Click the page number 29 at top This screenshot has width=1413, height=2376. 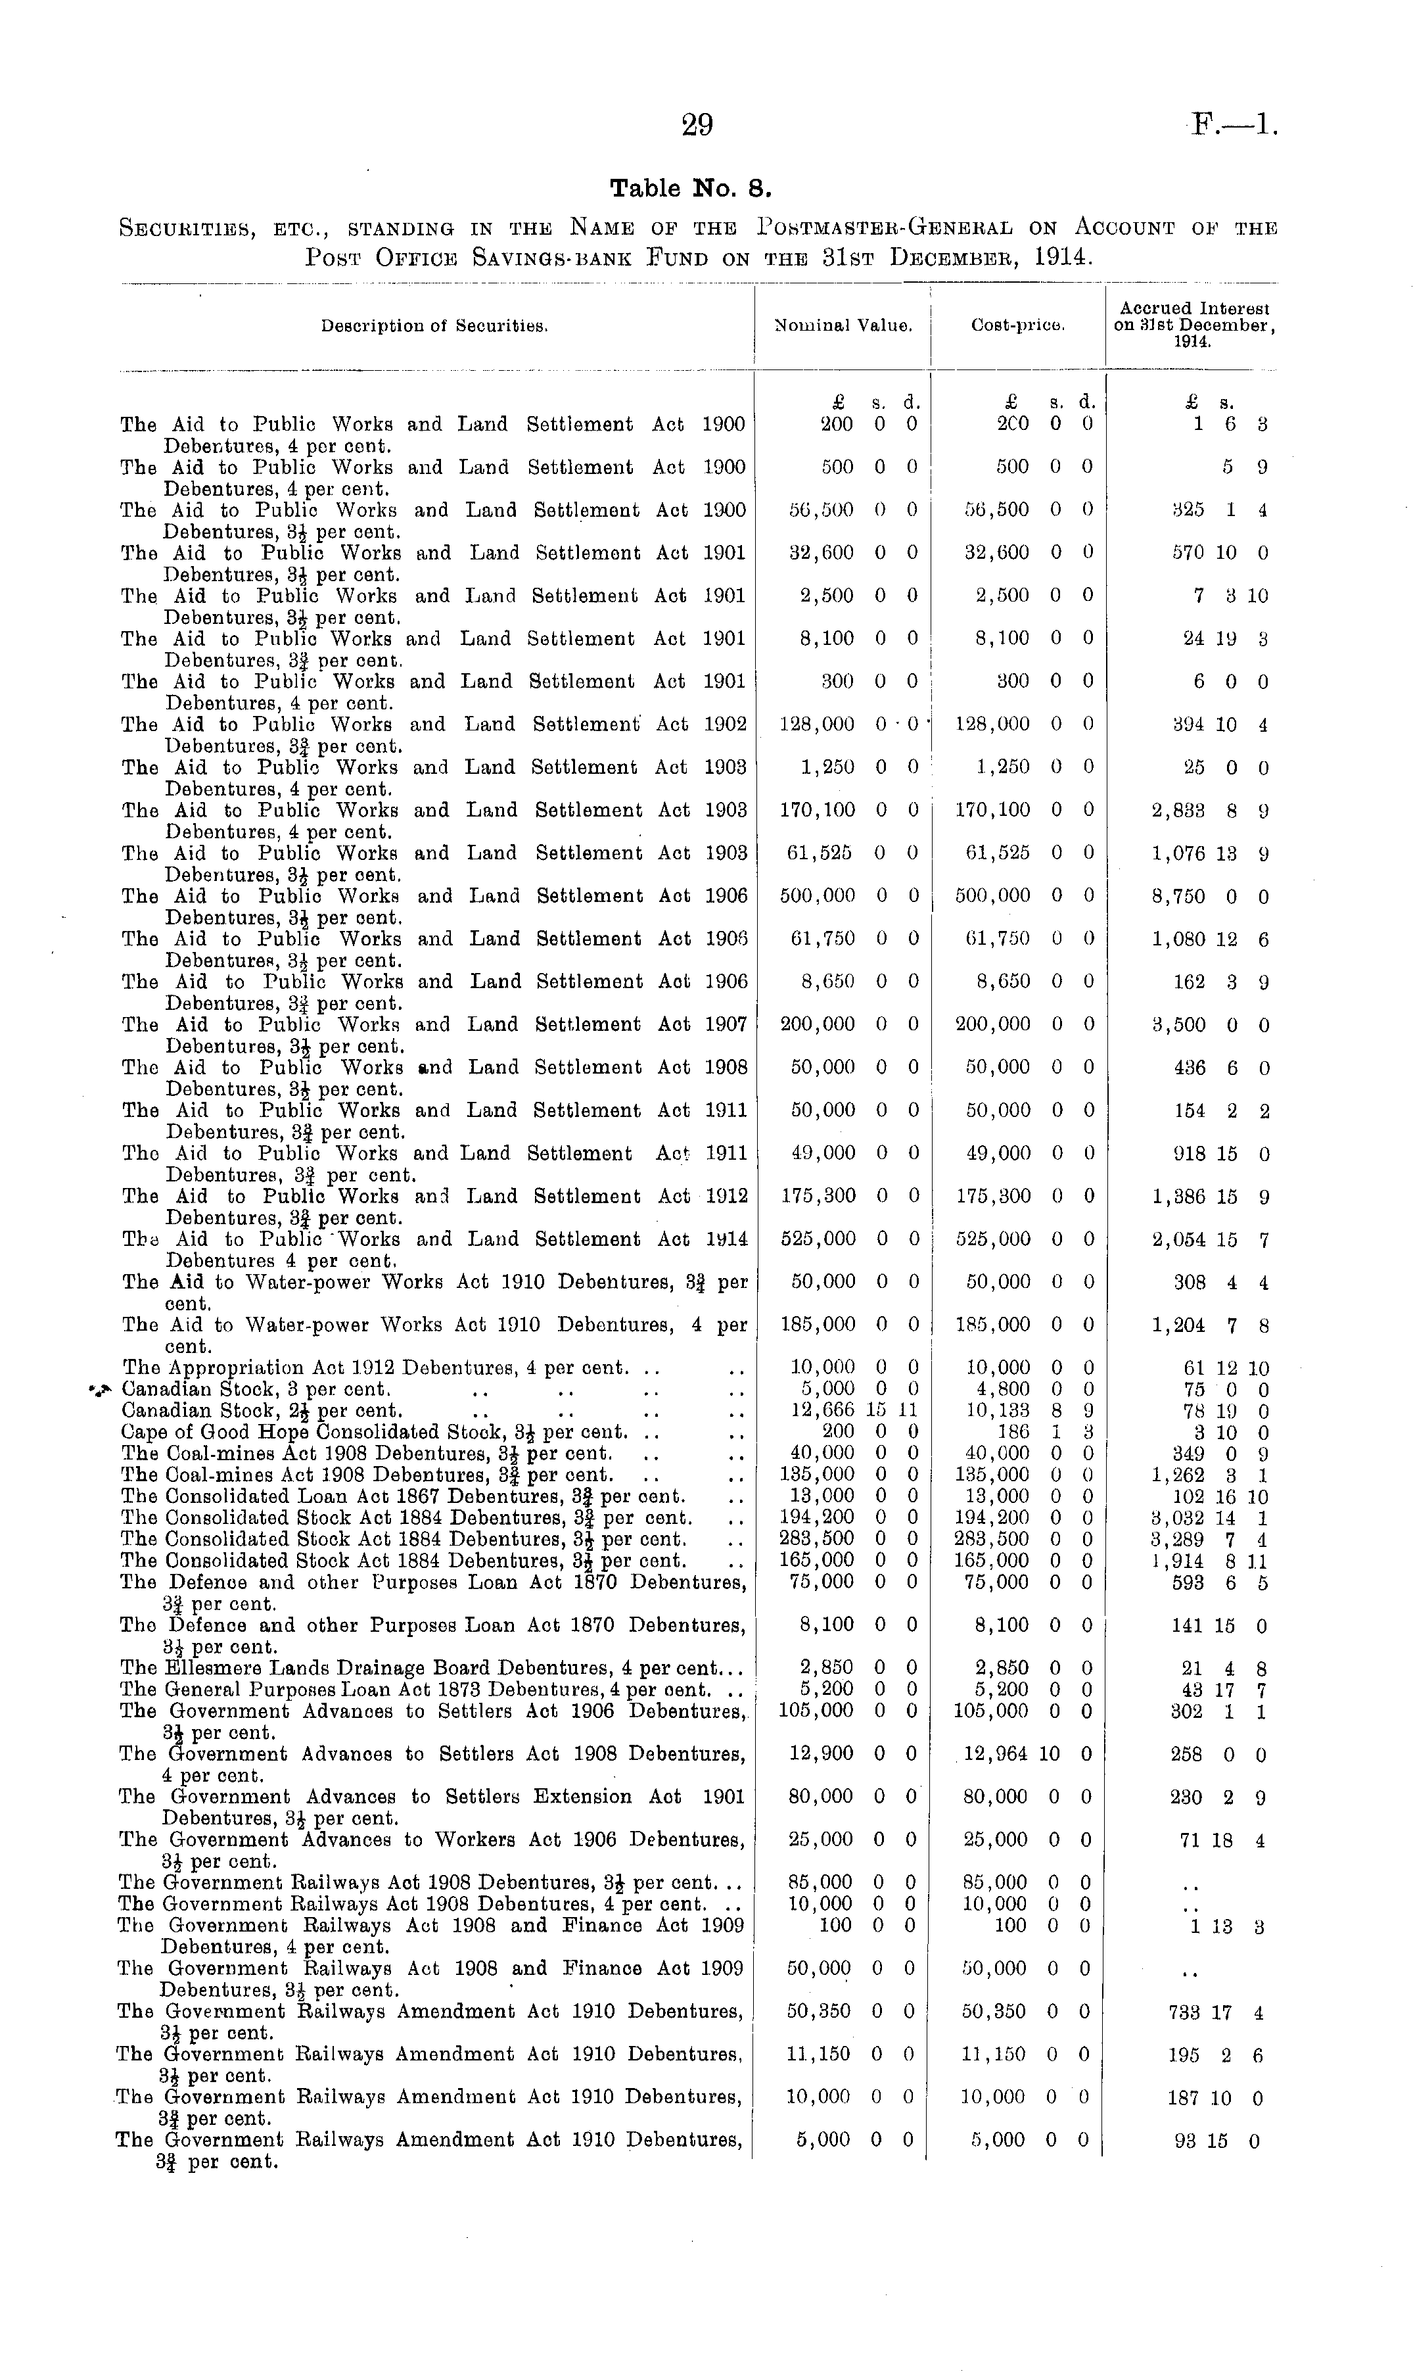(x=697, y=125)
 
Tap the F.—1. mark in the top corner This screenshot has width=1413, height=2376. (x=1234, y=125)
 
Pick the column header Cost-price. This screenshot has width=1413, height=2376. (x=1017, y=325)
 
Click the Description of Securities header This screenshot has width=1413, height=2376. (x=434, y=325)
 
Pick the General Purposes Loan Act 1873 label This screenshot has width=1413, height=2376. (x=415, y=1690)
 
